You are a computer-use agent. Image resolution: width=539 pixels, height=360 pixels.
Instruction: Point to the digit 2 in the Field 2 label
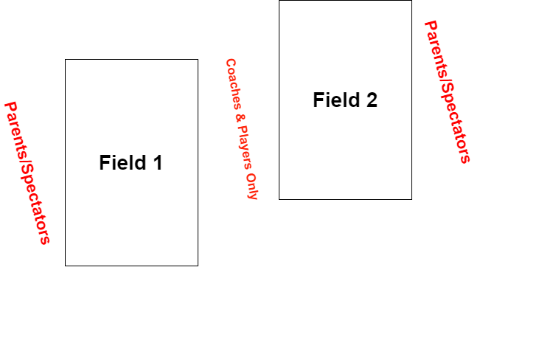(x=371, y=100)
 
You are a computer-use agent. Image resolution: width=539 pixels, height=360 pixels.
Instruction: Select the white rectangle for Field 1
(x=131, y=214)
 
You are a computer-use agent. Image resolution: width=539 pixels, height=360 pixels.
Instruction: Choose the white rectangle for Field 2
(x=345, y=155)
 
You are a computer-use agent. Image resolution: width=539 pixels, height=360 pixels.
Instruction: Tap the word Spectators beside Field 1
(x=35, y=202)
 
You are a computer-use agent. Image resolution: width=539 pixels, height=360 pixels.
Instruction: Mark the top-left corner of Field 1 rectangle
(x=66, y=60)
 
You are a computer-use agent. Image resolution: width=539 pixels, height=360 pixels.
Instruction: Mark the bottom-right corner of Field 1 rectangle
(x=197, y=265)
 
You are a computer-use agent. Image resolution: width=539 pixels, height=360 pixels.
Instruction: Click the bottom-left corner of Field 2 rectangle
(x=279, y=198)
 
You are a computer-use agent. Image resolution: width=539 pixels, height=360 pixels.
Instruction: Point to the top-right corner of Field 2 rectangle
(x=411, y=1)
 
